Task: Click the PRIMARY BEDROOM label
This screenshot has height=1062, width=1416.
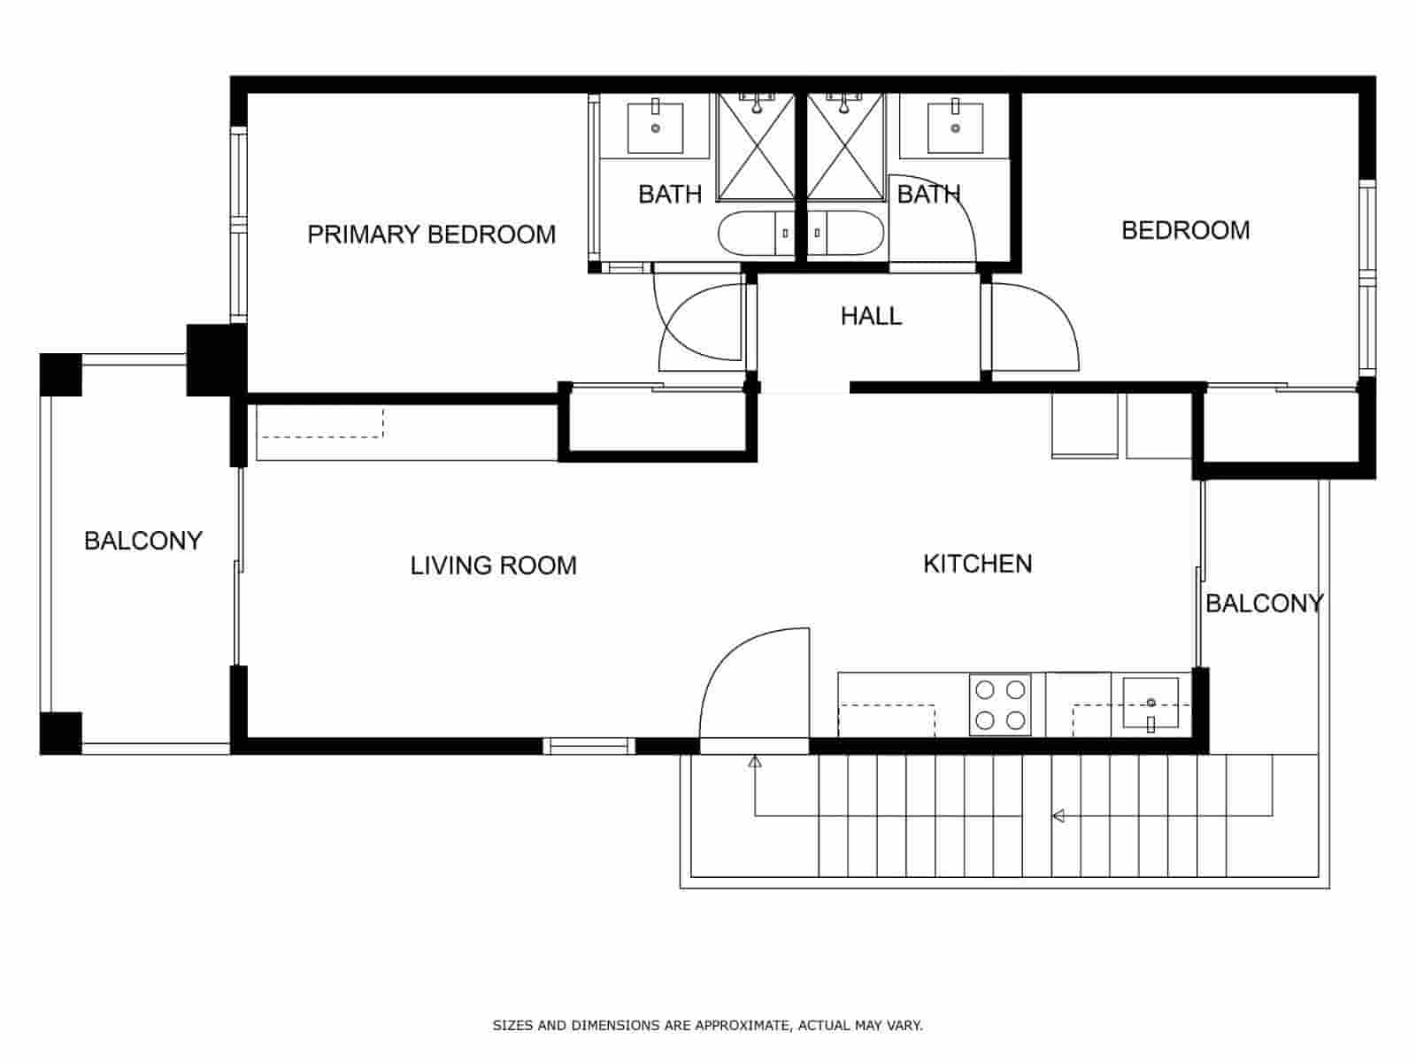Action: (x=431, y=235)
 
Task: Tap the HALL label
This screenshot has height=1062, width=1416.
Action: (x=871, y=316)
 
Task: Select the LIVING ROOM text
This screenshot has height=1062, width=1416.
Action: (x=493, y=566)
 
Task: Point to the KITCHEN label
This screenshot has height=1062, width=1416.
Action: (x=977, y=564)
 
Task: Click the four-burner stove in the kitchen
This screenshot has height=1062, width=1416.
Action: (x=1001, y=704)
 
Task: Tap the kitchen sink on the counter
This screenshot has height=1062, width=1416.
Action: (x=1150, y=703)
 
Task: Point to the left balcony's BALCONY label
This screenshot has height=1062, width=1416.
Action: (x=142, y=541)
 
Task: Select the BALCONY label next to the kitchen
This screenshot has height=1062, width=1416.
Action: (x=1264, y=604)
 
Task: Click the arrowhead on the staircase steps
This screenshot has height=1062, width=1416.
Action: (x=1058, y=816)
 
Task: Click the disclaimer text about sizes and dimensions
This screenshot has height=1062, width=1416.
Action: (x=707, y=1026)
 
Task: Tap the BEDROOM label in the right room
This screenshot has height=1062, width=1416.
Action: (x=1185, y=230)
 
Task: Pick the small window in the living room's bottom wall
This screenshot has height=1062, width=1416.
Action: (x=589, y=746)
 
